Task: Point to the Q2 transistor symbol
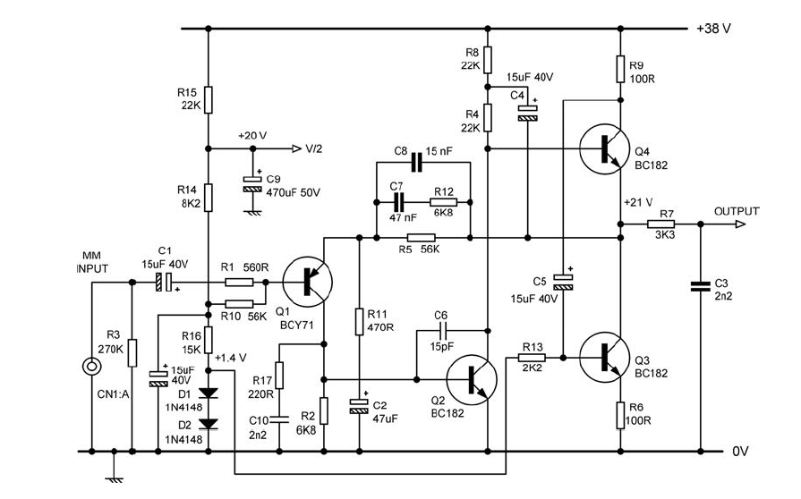point(473,379)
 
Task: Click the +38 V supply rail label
point(713,29)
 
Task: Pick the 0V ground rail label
point(739,452)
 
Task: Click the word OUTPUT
point(736,212)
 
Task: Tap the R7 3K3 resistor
point(665,225)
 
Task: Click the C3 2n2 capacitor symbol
point(700,286)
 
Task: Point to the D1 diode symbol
point(208,393)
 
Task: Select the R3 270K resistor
point(132,352)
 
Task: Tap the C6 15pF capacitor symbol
point(440,331)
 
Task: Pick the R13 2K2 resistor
point(532,358)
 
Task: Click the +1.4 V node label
point(232,357)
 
